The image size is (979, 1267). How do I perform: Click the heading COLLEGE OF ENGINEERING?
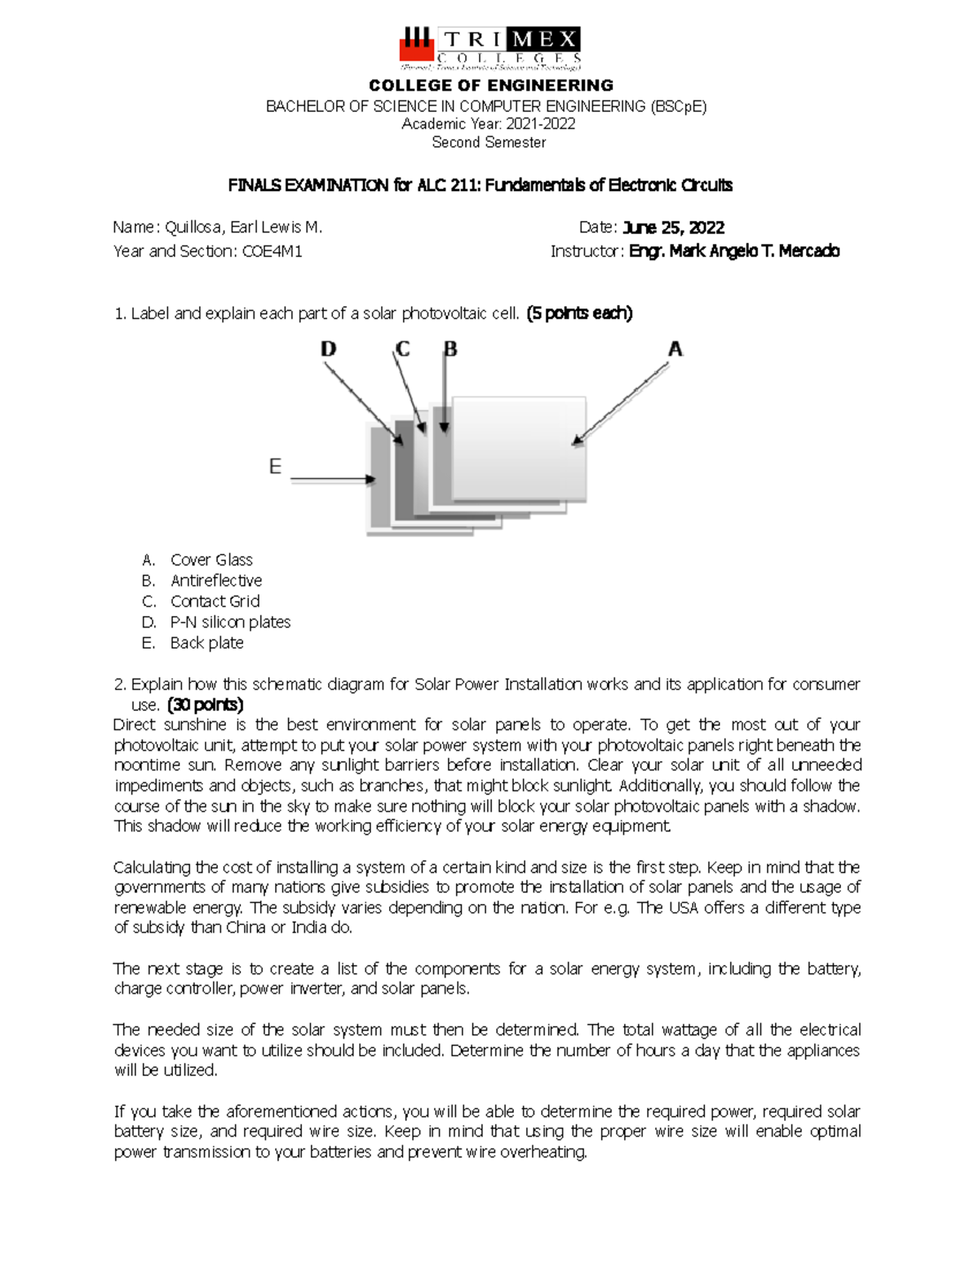pos(490,86)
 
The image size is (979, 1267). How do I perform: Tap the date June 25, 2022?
pos(673,227)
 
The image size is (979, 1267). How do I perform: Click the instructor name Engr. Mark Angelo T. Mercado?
pos(733,251)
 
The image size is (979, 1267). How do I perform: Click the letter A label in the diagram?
pos(675,349)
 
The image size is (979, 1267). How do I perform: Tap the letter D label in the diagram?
pos(327,349)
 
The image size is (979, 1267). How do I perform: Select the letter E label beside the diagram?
pos(275,467)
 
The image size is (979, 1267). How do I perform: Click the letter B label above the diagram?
pos(450,349)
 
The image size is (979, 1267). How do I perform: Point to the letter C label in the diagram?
pos(402,349)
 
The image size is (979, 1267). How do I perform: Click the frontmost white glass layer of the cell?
pos(518,449)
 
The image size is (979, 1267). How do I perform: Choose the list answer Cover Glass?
pos(211,560)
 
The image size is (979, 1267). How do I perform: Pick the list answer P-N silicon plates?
pos(230,622)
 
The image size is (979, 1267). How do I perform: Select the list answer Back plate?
pos(206,643)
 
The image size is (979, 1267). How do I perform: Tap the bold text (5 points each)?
pos(579,313)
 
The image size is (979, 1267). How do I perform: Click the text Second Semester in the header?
pos(489,143)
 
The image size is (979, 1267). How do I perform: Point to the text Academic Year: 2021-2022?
pos(489,124)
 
